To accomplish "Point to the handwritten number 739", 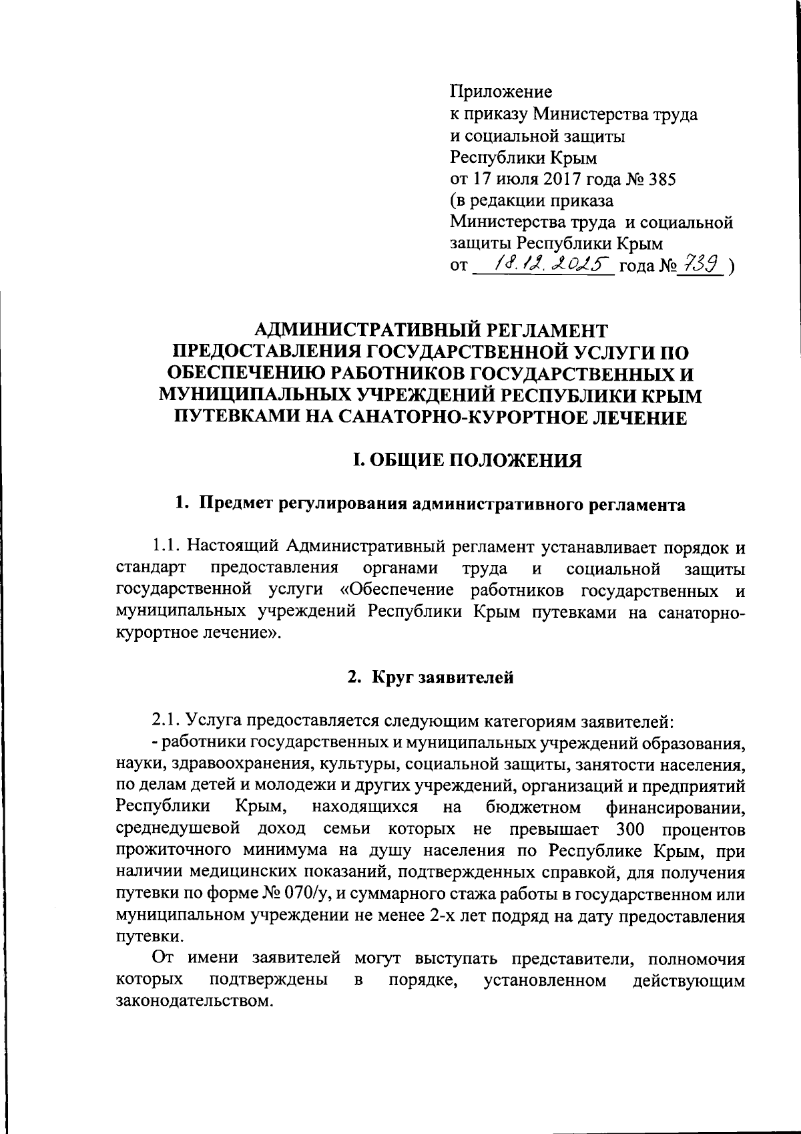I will tap(701, 265).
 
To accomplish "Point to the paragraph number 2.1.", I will tap(167, 721).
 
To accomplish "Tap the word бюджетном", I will tap(533, 807).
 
